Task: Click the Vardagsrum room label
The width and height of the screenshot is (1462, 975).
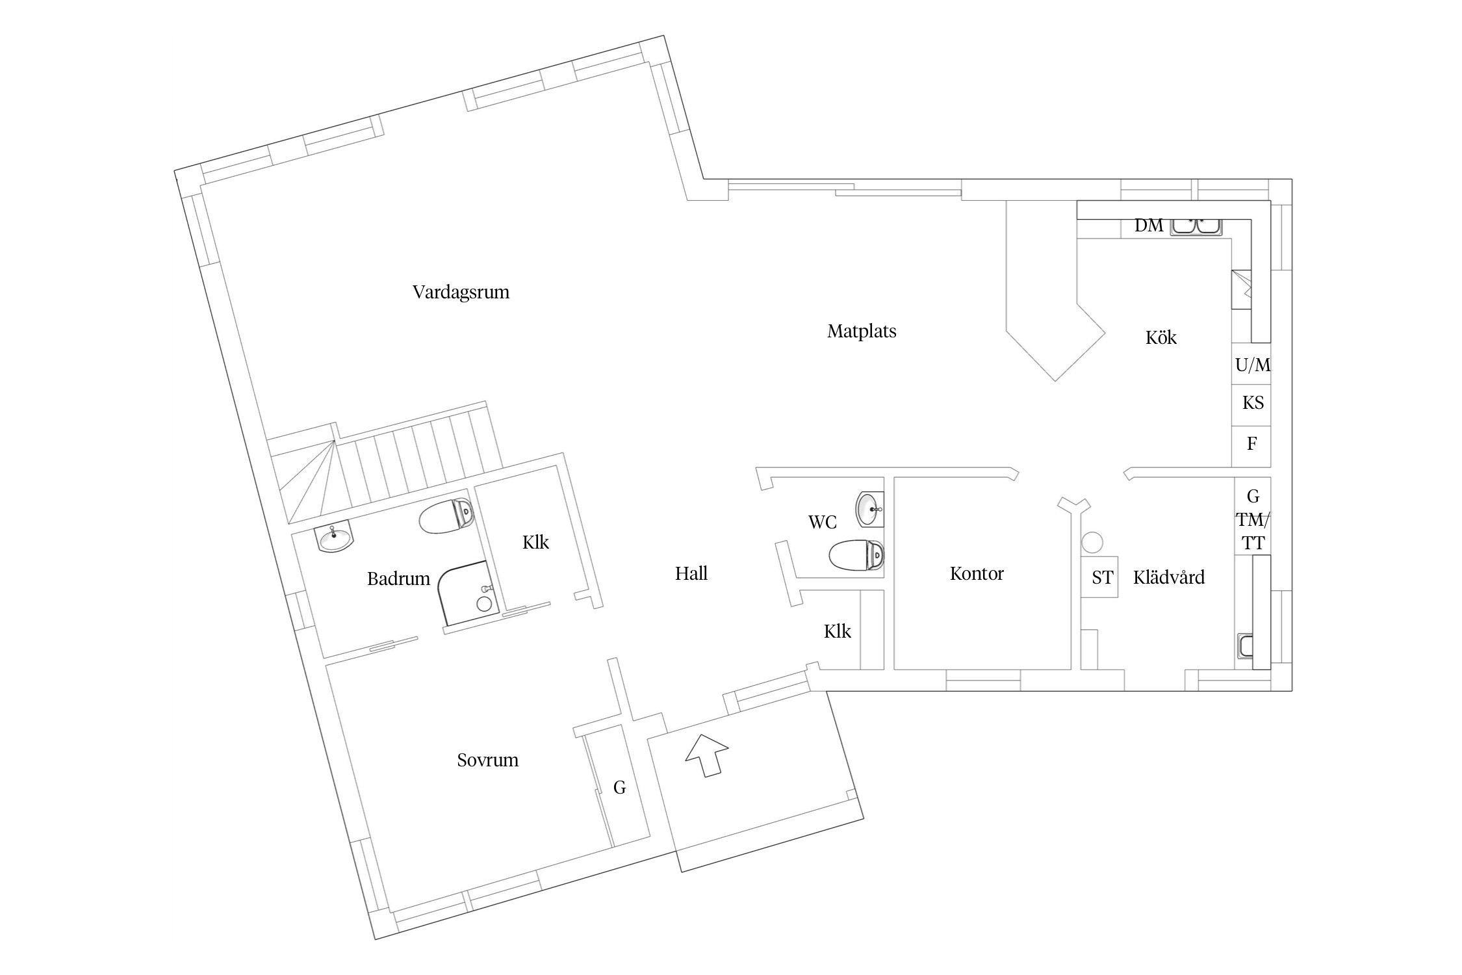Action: (461, 292)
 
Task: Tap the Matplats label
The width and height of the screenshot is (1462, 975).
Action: (862, 331)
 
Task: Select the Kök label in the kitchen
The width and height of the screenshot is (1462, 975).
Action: (1161, 338)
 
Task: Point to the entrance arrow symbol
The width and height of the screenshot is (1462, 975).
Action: (707, 755)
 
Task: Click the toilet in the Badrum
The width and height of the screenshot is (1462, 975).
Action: (446, 516)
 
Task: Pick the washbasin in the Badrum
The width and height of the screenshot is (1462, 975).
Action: (334, 538)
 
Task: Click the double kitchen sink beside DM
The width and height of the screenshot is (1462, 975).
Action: (1196, 226)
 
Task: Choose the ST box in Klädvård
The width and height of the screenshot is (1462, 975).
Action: (1101, 577)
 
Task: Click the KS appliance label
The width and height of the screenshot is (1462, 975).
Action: (1253, 404)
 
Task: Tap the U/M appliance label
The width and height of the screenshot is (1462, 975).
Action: (1253, 365)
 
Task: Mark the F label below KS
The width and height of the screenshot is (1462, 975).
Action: (1252, 445)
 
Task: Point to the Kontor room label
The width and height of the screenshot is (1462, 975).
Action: (977, 574)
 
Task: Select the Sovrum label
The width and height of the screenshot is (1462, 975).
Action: (487, 760)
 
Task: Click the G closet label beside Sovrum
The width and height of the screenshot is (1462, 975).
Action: (619, 788)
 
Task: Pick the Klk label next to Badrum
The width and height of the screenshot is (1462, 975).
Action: (535, 543)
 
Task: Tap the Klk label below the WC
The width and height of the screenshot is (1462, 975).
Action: (837, 632)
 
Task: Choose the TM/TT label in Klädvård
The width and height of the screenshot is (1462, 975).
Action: (1253, 532)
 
